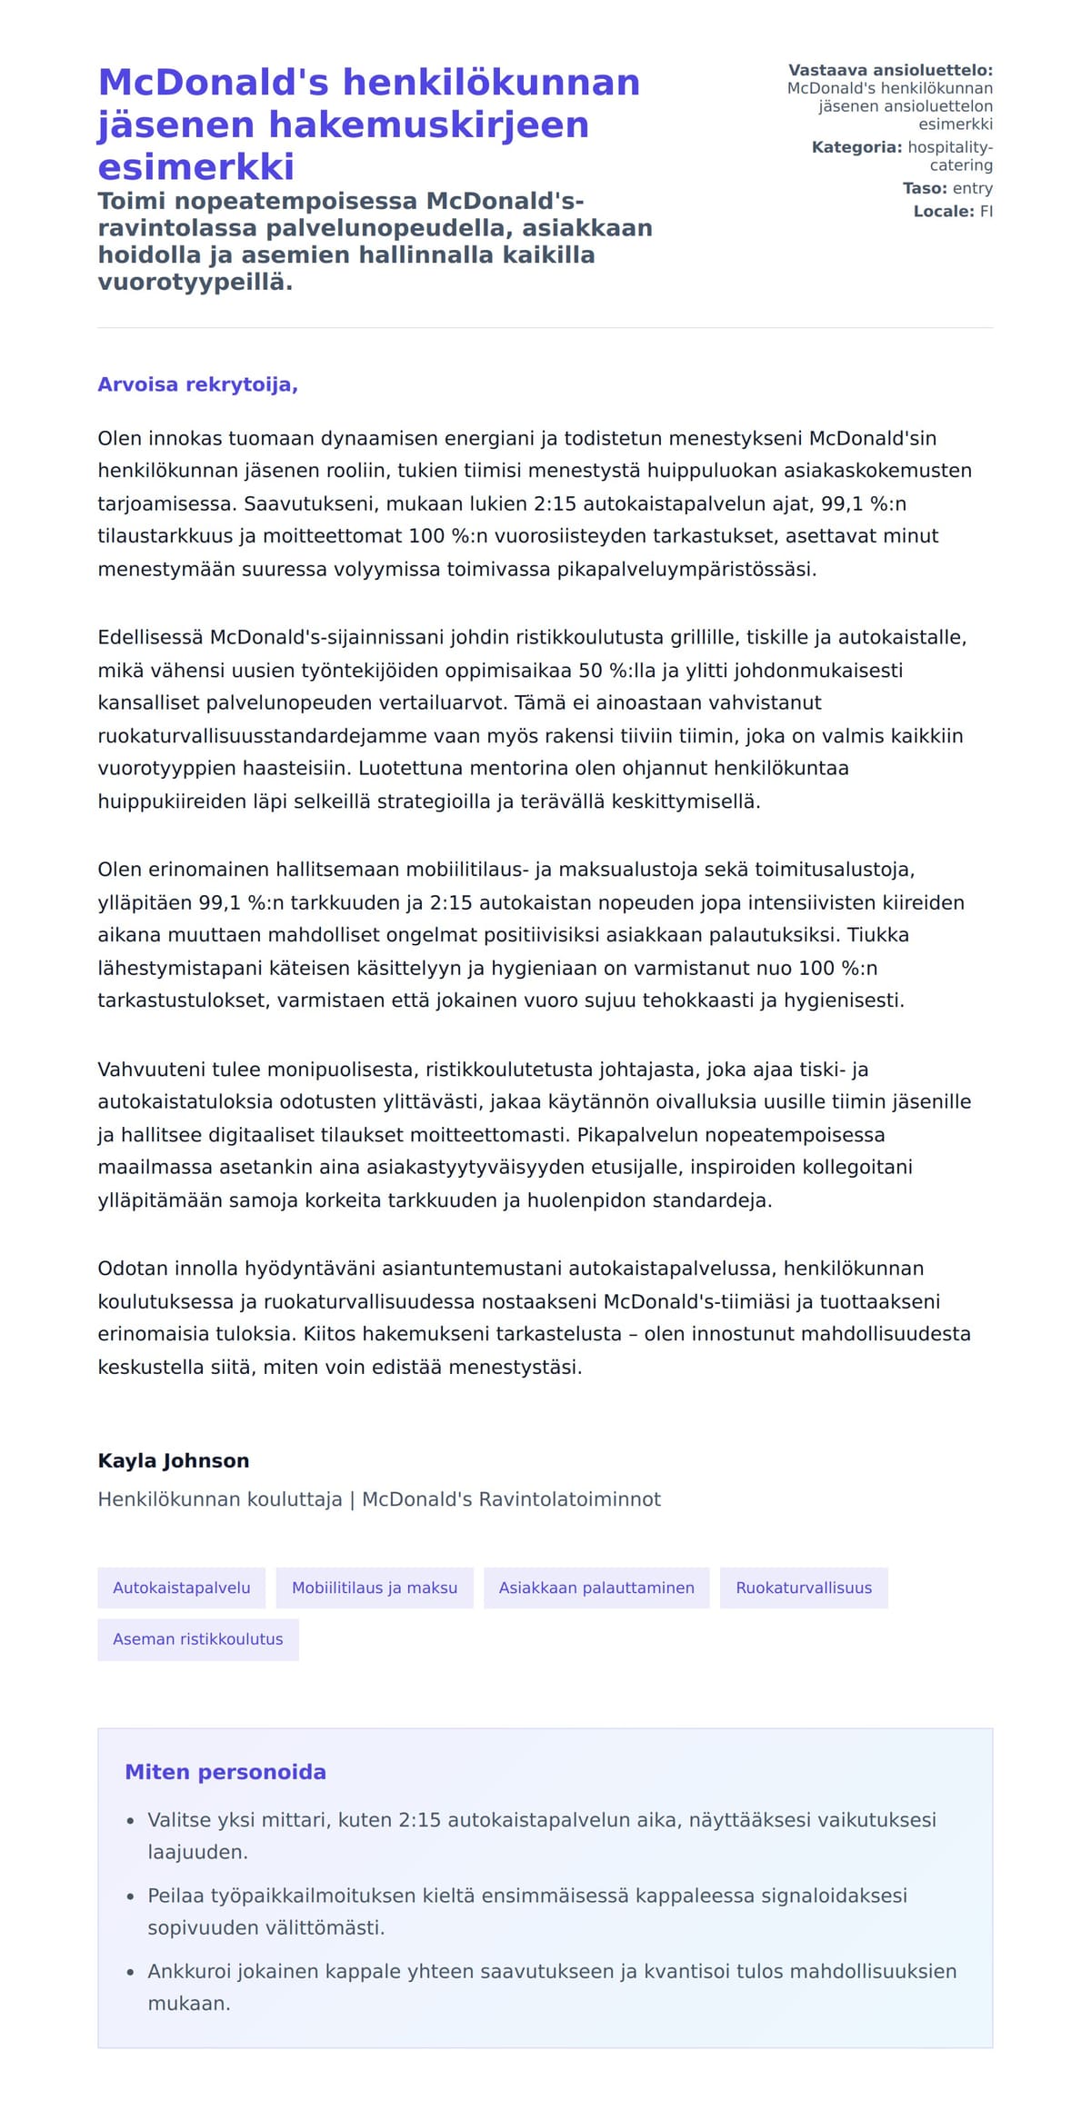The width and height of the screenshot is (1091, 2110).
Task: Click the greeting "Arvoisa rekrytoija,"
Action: (x=197, y=384)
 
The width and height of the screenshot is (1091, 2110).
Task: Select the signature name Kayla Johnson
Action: (x=173, y=1460)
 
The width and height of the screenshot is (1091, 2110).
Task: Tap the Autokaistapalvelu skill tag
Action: (x=181, y=1587)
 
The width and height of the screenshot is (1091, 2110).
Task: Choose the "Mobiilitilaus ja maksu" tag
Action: (x=375, y=1587)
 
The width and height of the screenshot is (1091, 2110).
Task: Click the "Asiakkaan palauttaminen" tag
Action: (x=596, y=1587)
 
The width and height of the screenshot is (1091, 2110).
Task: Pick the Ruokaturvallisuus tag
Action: (x=804, y=1587)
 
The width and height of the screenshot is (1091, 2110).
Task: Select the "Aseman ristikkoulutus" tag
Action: (x=197, y=1638)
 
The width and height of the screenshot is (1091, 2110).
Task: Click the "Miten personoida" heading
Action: (x=225, y=1771)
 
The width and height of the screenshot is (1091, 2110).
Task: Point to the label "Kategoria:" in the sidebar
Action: (x=856, y=147)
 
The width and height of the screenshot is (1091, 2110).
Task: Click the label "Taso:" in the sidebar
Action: (x=925, y=188)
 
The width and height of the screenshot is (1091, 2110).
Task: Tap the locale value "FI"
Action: (x=986, y=212)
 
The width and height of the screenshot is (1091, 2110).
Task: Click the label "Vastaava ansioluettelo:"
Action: (x=890, y=70)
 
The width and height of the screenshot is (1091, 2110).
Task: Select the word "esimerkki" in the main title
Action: (x=195, y=166)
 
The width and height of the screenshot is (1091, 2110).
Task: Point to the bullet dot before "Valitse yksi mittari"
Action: (x=130, y=1821)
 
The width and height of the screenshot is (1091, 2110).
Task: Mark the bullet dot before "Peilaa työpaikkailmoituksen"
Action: (x=130, y=1896)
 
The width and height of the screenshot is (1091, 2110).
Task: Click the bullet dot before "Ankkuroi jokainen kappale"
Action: (x=130, y=1972)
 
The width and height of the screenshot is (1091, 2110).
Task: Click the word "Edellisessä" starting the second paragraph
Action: (x=150, y=637)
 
